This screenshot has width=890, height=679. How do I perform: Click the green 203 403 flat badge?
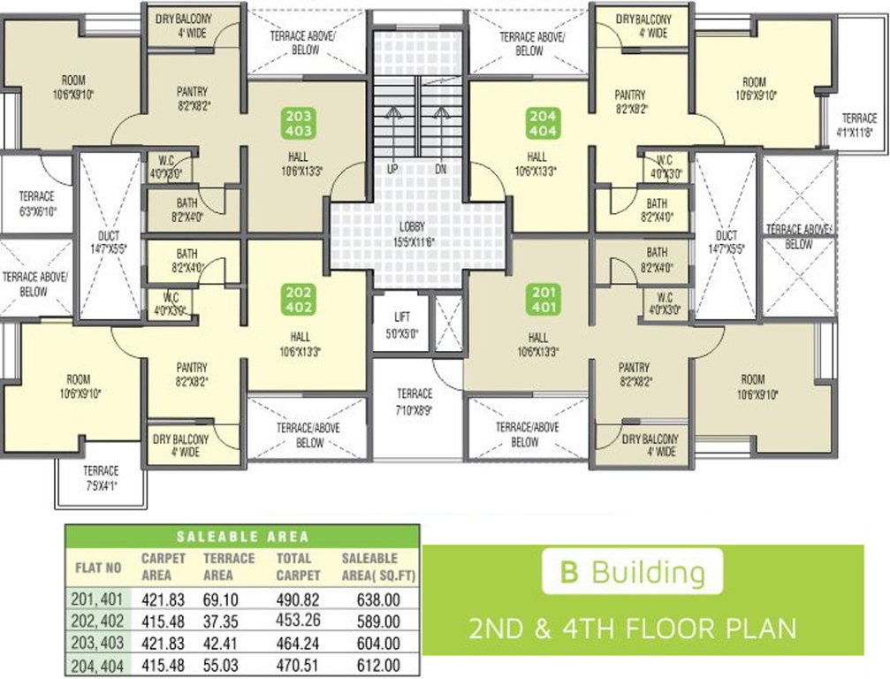coord(300,122)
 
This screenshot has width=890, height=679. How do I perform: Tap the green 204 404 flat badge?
coord(542,122)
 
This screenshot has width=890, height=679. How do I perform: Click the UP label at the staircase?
coord(391,169)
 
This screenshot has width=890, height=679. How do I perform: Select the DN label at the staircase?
coord(439,169)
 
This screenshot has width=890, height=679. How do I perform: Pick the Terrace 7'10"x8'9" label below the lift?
coord(415,400)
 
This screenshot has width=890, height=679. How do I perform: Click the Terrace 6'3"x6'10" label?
coord(36,202)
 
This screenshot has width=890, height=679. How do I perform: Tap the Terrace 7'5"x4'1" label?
coord(101,477)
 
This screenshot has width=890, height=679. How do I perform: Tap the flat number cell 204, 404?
coord(96,665)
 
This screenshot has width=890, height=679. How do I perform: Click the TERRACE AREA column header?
coord(229,566)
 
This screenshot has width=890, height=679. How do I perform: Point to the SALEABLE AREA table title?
coord(242,536)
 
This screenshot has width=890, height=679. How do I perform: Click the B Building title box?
coord(632,572)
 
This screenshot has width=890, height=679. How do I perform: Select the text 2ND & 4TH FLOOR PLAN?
coord(632,629)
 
